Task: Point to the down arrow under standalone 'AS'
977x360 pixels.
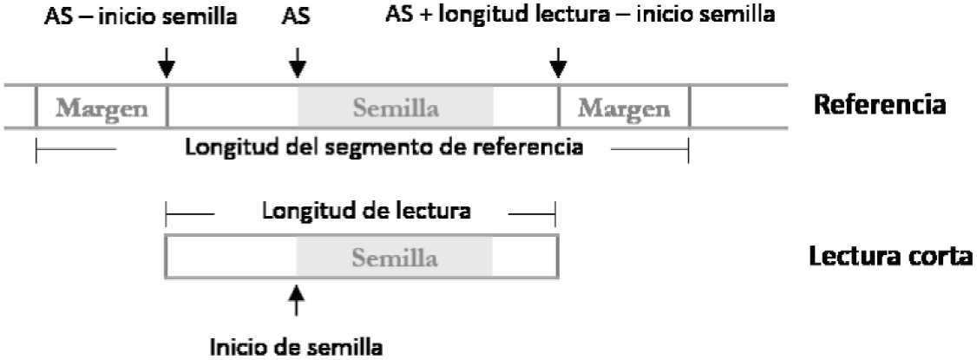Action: coord(297,61)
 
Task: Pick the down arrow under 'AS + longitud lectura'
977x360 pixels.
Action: coord(559,61)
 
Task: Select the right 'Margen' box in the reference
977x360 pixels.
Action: coord(624,108)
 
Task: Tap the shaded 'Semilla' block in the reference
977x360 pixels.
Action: coord(395,108)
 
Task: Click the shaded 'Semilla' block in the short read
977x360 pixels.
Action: coord(395,258)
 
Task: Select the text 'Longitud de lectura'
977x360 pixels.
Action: coord(359,211)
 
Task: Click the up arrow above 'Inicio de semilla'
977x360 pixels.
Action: coord(297,302)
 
